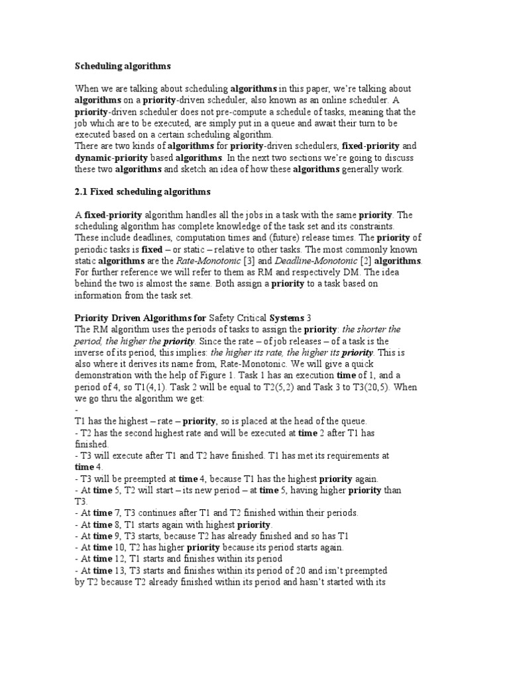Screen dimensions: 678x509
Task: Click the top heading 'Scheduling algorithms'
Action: click(x=123, y=66)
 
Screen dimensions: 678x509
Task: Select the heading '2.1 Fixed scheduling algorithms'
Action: click(x=142, y=192)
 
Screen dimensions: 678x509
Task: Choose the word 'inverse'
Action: click(x=91, y=352)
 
